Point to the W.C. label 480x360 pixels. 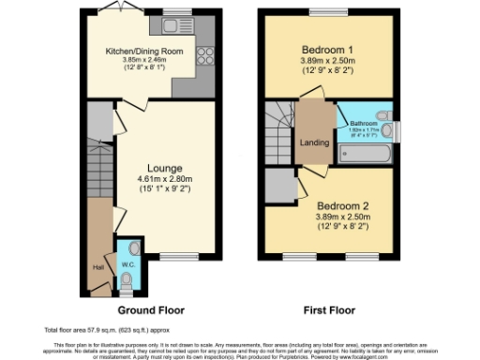[x=128, y=264]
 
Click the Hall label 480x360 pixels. [x=97, y=267]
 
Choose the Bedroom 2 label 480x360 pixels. [x=336, y=204]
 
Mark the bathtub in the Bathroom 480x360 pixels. [x=361, y=153]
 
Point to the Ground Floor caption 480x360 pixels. [x=150, y=309]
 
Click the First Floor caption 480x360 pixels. [x=328, y=309]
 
